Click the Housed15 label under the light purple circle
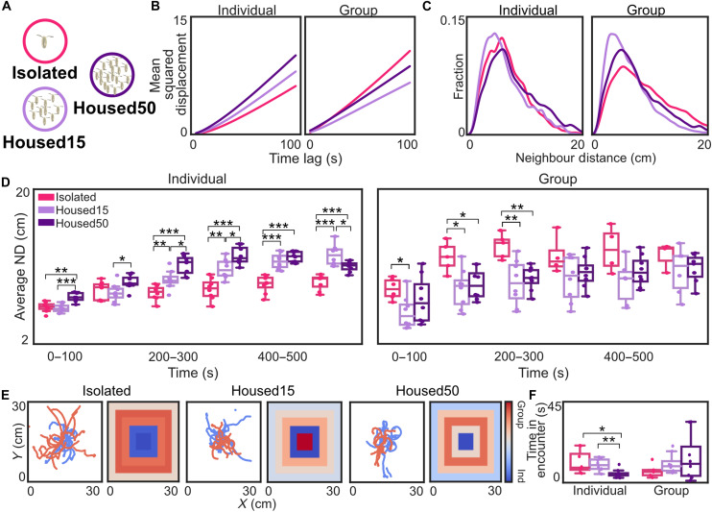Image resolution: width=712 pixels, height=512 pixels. point(44,142)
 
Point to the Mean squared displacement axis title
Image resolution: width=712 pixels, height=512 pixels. point(169,74)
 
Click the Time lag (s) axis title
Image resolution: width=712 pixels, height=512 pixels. point(305,158)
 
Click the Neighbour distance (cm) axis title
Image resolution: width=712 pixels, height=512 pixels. point(585,158)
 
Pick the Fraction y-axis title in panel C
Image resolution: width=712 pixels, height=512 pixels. point(459,76)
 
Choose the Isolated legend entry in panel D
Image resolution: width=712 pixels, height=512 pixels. point(68,197)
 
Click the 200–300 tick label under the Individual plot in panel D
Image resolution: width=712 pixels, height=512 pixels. point(173,356)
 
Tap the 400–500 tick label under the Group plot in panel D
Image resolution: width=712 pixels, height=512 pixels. point(629,356)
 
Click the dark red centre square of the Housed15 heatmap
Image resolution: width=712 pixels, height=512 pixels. point(305,441)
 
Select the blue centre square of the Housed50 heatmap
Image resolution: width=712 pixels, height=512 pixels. point(466,441)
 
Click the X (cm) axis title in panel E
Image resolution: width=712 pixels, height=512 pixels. point(257,503)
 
